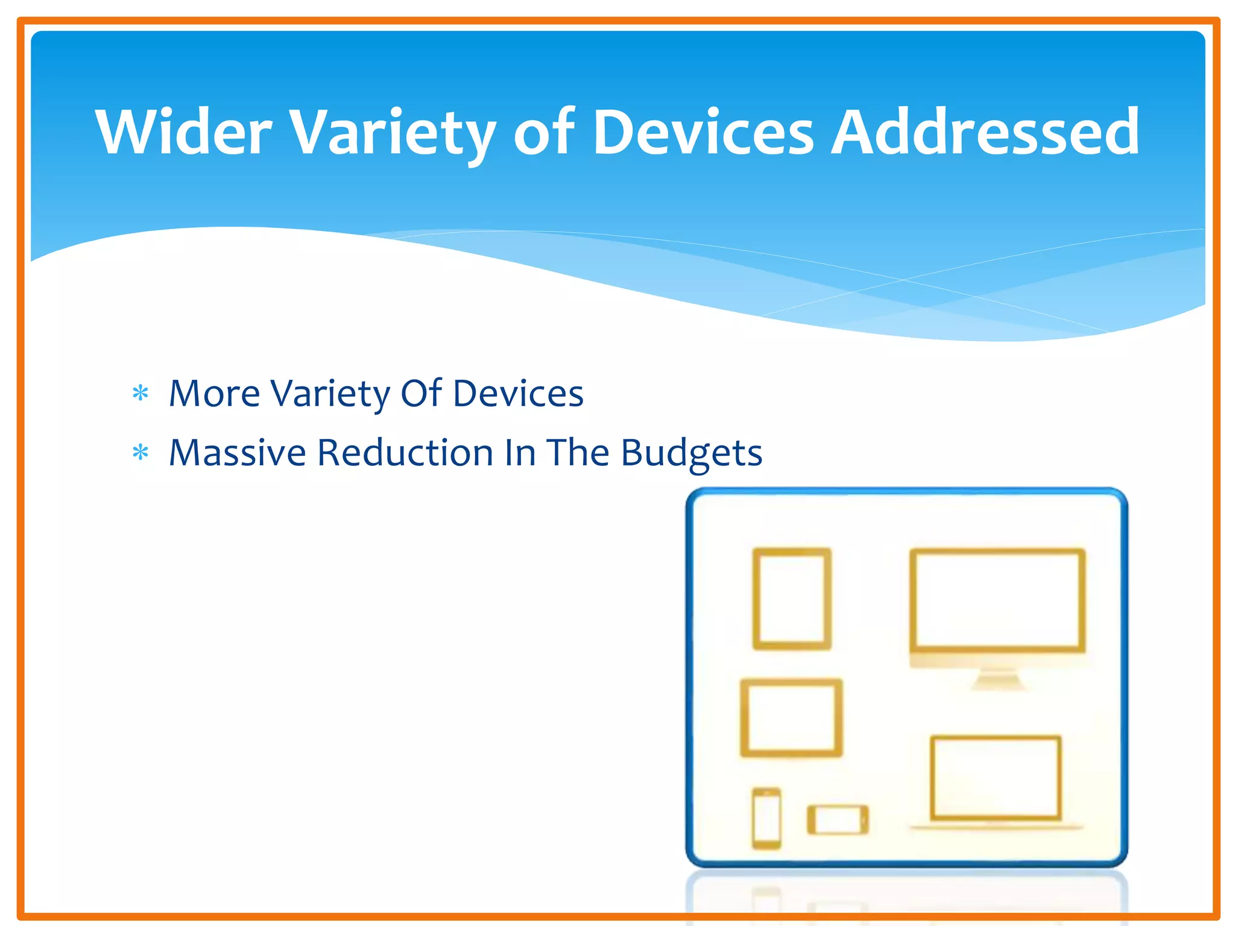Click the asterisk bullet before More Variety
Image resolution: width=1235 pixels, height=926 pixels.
[x=141, y=394]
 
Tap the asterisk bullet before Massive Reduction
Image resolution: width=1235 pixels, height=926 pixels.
[x=141, y=452]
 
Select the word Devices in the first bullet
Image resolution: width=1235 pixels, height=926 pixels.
[x=518, y=393]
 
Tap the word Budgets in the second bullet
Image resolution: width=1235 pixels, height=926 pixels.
[x=691, y=453]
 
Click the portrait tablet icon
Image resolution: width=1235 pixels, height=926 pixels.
[x=792, y=599]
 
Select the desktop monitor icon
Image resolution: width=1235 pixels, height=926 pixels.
[x=997, y=600]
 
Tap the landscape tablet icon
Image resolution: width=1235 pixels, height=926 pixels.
[x=791, y=717]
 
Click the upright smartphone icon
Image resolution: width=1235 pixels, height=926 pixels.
[x=766, y=817]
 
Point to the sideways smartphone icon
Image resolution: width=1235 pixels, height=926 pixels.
[x=838, y=820]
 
